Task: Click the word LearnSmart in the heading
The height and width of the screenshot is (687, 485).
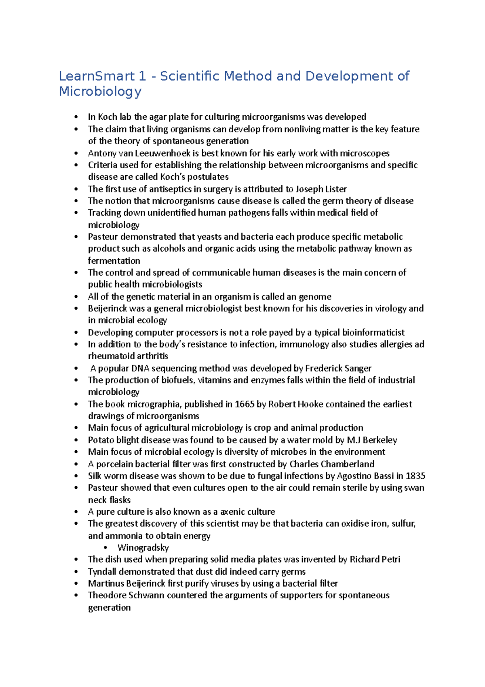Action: [x=97, y=76]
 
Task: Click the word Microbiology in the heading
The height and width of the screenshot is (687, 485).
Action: [x=100, y=91]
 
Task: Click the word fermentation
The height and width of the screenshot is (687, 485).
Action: [x=114, y=261]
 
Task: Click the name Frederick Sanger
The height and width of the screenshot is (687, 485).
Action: [x=338, y=368]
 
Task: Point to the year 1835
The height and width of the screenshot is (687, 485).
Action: [x=415, y=476]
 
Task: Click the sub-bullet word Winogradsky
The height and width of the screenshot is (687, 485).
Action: [x=143, y=548]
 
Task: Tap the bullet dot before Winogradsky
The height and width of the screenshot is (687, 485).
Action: [x=106, y=548]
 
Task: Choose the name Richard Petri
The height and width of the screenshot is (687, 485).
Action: [x=375, y=560]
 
